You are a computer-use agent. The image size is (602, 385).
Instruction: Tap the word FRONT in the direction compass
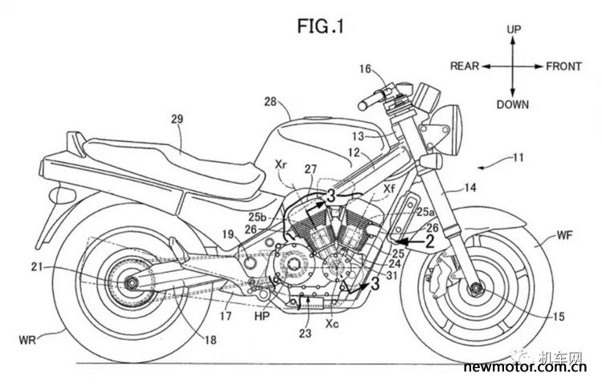click(563, 67)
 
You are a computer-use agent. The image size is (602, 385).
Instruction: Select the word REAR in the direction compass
click(466, 67)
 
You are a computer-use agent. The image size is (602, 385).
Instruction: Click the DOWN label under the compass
click(513, 104)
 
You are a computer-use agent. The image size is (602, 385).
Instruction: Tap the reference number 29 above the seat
click(177, 119)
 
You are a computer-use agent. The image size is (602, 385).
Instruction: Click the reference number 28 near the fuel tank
click(270, 101)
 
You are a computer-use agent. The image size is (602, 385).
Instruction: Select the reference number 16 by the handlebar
click(366, 70)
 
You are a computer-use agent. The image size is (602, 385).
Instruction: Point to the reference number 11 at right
click(515, 160)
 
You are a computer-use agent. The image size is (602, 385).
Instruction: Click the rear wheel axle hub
click(124, 282)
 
